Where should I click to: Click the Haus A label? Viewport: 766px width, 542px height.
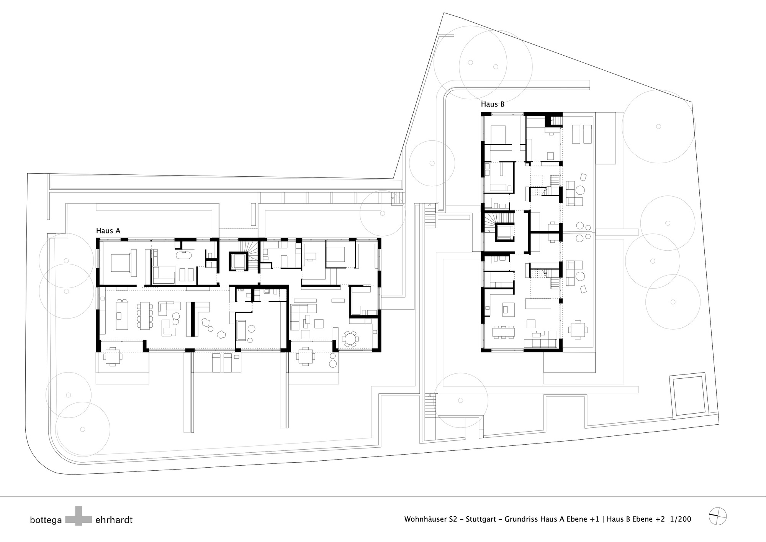pyautogui.click(x=108, y=231)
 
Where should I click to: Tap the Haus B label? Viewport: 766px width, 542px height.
pyautogui.click(x=493, y=104)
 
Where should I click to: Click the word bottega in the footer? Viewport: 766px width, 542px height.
pyautogui.click(x=46, y=520)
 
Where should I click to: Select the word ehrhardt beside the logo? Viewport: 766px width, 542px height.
pyautogui.click(x=114, y=520)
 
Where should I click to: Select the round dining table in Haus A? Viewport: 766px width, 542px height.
pyautogui.click(x=350, y=339)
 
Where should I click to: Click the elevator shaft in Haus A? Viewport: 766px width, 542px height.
pyautogui.click(x=238, y=261)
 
